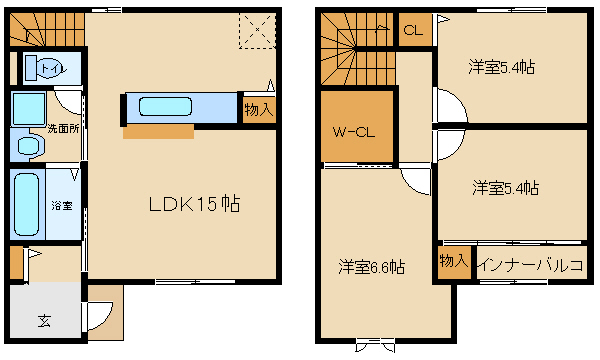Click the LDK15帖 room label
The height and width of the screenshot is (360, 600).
[194, 204]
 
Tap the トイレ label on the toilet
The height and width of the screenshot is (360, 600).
[53, 69]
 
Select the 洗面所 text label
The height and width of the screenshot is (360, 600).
[64, 129]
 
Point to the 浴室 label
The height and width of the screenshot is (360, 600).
[62, 205]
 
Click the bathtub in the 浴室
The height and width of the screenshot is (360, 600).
[26, 204]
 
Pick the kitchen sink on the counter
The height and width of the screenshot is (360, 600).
[165, 106]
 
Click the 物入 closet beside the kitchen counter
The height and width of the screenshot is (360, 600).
[259, 110]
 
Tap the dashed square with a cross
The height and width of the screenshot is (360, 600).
[258, 31]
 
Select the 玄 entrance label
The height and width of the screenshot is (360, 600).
[44, 321]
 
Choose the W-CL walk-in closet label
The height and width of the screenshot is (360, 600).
[354, 132]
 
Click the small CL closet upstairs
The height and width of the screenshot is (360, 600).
[414, 30]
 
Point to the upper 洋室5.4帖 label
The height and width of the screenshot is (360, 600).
[502, 67]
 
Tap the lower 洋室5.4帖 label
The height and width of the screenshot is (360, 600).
[505, 188]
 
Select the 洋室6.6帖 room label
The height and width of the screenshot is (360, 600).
[372, 267]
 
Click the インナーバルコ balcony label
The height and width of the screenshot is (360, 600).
[532, 265]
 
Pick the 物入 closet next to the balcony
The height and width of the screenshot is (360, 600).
[454, 262]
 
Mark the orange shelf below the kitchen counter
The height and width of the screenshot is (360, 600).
[158, 132]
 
